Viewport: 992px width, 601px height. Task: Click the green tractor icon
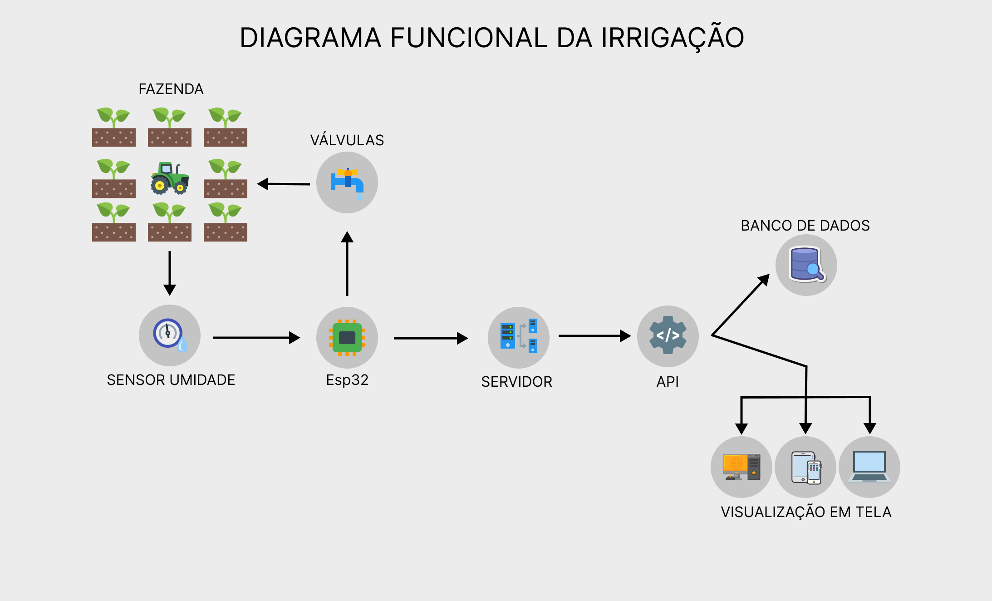click(x=169, y=178)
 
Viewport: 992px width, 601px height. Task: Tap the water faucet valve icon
click(x=347, y=182)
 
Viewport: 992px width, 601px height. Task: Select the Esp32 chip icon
click(x=347, y=338)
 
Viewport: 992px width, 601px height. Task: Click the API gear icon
click(x=668, y=336)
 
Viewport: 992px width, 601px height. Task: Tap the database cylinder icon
click(x=806, y=265)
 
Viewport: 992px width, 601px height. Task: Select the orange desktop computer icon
click(x=741, y=467)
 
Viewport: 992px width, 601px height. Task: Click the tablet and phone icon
click(x=806, y=468)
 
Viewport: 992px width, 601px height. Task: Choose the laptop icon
click(x=869, y=467)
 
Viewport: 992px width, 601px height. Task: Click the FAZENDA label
click(x=171, y=89)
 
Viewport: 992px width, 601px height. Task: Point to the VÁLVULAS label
click(x=347, y=140)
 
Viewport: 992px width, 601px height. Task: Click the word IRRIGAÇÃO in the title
click(x=673, y=38)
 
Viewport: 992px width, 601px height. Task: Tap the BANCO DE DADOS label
click(x=805, y=226)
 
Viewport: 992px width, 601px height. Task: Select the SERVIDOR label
click(x=516, y=382)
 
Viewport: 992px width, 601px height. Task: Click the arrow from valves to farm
click(x=284, y=184)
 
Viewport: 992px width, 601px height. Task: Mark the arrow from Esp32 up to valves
click(x=347, y=263)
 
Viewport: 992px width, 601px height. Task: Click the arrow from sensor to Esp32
click(x=256, y=338)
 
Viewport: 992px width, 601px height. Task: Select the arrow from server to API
click(x=594, y=336)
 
